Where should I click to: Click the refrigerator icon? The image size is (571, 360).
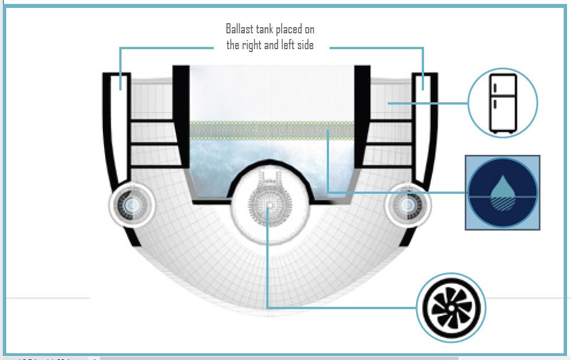503,103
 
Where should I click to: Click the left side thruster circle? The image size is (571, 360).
132,205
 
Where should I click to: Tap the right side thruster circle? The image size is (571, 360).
408,205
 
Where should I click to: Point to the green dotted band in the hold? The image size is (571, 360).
271,131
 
